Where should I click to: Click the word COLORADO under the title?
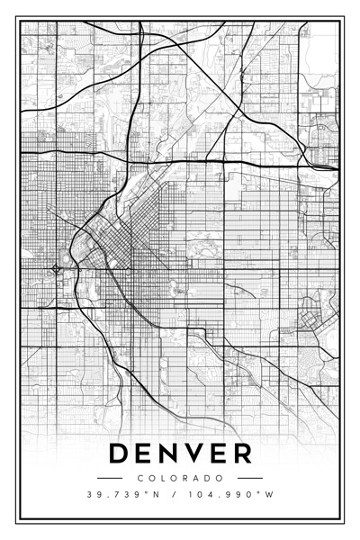pos(180,478)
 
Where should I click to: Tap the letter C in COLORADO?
pos(141,478)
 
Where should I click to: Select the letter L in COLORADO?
pos(163,478)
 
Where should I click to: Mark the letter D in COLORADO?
pos(207,478)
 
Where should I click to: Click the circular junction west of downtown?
pos(57,268)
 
